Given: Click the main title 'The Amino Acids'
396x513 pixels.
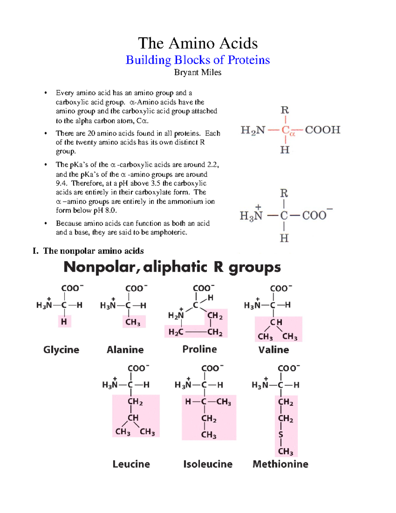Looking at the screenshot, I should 198,43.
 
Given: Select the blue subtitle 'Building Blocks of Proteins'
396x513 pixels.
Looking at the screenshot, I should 198,60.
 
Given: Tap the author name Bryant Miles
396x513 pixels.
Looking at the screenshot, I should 198,72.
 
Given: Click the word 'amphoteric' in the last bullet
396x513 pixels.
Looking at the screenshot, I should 169,232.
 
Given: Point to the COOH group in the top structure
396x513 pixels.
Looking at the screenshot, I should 322,130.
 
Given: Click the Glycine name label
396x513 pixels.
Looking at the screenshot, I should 61,349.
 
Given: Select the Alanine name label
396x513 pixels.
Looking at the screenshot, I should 125,349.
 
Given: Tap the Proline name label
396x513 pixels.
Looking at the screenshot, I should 199,349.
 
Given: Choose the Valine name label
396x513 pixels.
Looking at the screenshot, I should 274,349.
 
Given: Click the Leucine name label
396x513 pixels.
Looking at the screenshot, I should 131,464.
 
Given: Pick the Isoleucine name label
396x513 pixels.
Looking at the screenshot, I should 208,464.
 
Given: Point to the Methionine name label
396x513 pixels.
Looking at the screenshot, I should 280,464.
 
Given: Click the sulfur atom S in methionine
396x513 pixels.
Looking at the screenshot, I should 281,435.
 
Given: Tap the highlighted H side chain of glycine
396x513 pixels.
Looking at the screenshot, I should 64,321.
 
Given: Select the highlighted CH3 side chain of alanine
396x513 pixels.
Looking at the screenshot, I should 133,322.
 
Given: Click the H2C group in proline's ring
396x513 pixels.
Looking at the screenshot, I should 176,332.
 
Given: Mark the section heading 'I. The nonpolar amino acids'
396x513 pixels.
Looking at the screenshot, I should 88,251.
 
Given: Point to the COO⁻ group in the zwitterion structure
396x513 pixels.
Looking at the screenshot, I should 316,215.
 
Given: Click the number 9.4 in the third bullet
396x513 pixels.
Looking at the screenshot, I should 61,183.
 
